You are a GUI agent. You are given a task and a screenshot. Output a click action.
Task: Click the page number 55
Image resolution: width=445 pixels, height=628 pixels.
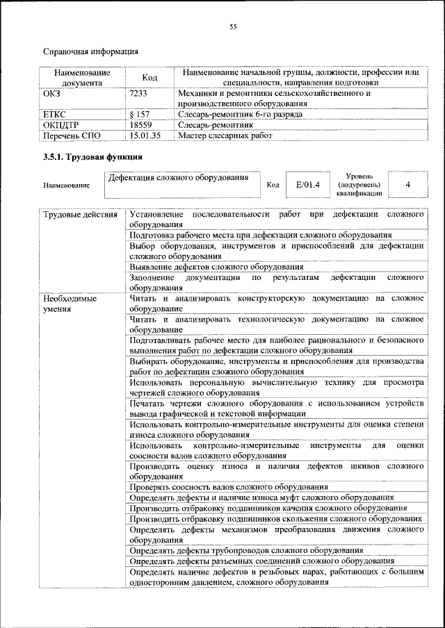click(x=233, y=27)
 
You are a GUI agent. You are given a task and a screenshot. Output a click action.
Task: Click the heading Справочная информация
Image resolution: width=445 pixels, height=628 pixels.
click(x=90, y=51)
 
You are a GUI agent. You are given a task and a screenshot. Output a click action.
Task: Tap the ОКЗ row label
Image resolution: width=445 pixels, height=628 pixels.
click(x=52, y=92)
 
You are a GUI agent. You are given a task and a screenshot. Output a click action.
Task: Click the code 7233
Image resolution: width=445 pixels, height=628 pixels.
click(x=139, y=92)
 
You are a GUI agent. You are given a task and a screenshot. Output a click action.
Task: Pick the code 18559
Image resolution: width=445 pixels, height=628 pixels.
click(x=141, y=124)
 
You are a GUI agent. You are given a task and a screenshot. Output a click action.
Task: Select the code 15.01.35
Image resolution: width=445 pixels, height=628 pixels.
click(x=145, y=135)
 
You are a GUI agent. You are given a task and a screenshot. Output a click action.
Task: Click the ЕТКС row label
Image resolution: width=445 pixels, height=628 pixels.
click(x=56, y=114)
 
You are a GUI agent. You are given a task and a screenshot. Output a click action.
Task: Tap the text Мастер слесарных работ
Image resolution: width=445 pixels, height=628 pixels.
click(x=225, y=135)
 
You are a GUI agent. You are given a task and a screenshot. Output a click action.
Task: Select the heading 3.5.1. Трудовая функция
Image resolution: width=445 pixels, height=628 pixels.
click(x=93, y=158)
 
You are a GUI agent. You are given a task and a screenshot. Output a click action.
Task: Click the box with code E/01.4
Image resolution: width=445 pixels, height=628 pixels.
click(x=307, y=185)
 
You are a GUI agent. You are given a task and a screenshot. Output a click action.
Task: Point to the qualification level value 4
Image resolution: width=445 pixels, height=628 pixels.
click(x=407, y=185)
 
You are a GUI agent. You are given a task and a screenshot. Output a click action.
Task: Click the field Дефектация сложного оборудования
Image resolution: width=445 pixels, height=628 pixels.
click(x=179, y=179)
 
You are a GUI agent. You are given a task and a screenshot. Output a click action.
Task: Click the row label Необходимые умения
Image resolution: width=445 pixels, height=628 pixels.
click(x=70, y=304)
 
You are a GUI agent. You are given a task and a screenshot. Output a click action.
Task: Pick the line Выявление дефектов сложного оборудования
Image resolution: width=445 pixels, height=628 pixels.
click(x=216, y=267)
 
